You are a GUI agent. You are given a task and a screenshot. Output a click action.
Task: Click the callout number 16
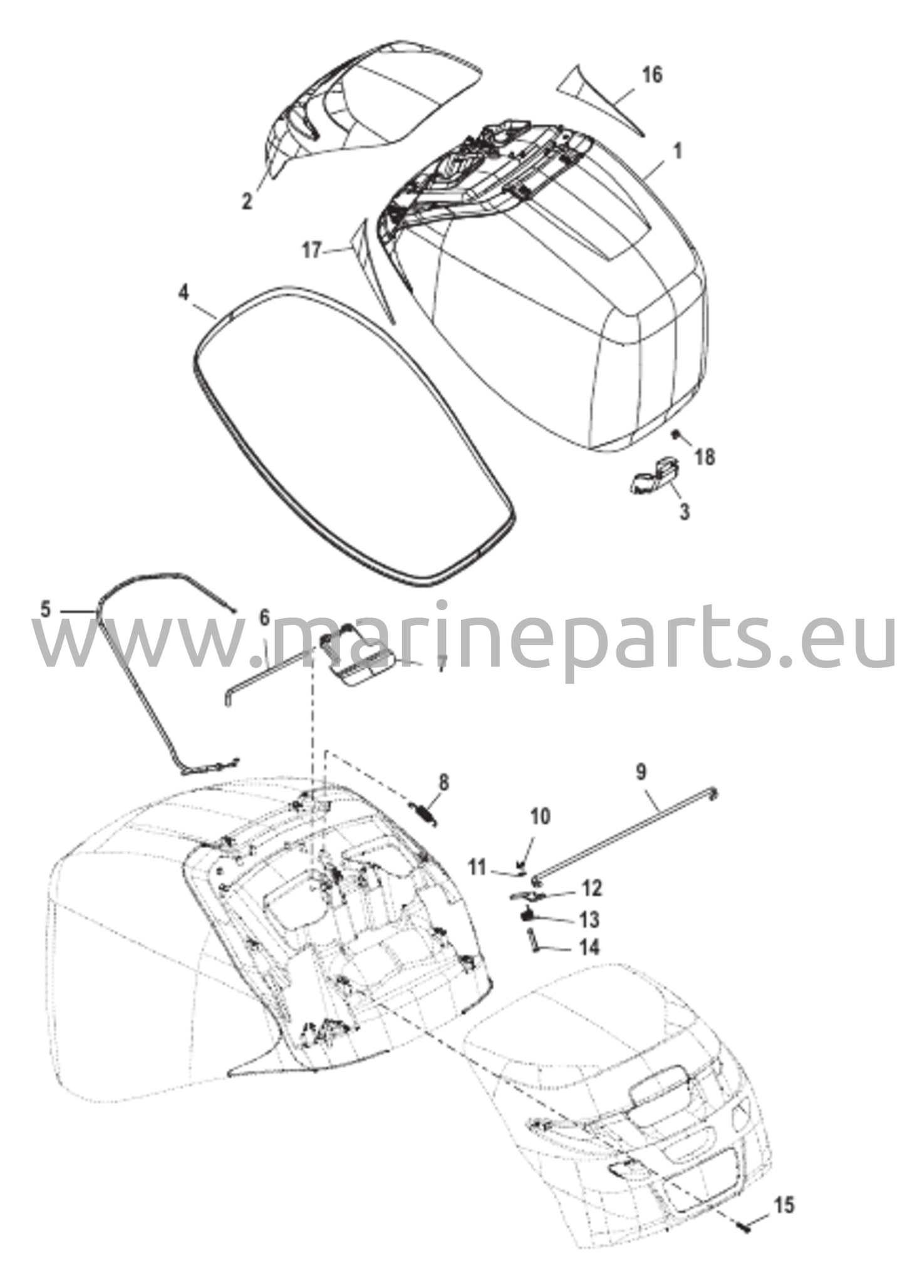pos(651,75)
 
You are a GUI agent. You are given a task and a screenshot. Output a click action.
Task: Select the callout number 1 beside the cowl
pos(677,152)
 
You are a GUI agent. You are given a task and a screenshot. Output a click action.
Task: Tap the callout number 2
pos(247,201)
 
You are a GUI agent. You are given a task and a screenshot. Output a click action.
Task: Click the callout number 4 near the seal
pos(183,293)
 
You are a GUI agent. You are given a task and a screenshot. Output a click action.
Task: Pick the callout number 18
pos(705,457)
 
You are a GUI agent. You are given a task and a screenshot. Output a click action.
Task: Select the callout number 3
pos(685,511)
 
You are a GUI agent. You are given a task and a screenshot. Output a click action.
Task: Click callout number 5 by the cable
pos(45,608)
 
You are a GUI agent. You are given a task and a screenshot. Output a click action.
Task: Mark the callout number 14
pos(588,947)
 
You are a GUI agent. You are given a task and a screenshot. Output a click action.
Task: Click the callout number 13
pos(588,920)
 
